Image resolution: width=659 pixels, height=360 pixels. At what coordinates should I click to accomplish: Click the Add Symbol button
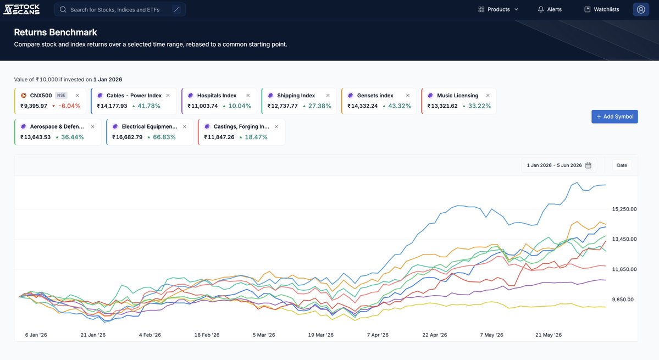[x=614, y=117]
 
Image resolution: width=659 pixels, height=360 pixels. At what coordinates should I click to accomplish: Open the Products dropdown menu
[x=499, y=9]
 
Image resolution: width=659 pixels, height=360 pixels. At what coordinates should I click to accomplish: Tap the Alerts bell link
[x=550, y=9]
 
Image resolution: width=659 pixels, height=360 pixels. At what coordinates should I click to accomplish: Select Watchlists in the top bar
[x=602, y=9]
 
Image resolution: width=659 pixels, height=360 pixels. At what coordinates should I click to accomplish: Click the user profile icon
[x=641, y=9]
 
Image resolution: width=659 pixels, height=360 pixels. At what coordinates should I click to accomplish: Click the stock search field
[x=120, y=9]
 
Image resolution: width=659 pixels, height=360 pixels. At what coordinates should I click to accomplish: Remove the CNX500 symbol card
[x=77, y=95]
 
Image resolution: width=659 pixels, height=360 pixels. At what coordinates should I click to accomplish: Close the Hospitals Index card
[x=248, y=95]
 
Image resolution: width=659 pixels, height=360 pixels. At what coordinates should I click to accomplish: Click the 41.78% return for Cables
[x=149, y=106]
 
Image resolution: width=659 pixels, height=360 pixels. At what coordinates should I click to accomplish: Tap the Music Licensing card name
[x=458, y=95]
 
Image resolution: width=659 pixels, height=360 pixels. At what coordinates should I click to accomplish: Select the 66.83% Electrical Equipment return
[x=164, y=137]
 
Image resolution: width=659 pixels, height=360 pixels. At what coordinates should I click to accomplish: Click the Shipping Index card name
[x=296, y=95]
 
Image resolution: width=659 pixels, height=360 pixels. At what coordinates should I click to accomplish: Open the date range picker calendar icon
[x=589, y=165]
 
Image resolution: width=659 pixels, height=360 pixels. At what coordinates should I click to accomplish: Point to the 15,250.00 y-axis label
[x=624, y=209]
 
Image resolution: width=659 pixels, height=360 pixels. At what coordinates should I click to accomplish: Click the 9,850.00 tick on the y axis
[x=623, y=300]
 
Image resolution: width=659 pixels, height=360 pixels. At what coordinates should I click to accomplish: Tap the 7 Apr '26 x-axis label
[x=378, y=335]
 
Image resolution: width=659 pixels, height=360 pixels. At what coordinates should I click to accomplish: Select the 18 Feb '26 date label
[x=207, y=335]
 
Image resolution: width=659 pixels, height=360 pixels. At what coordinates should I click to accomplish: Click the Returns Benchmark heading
[x=56, y=32]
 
